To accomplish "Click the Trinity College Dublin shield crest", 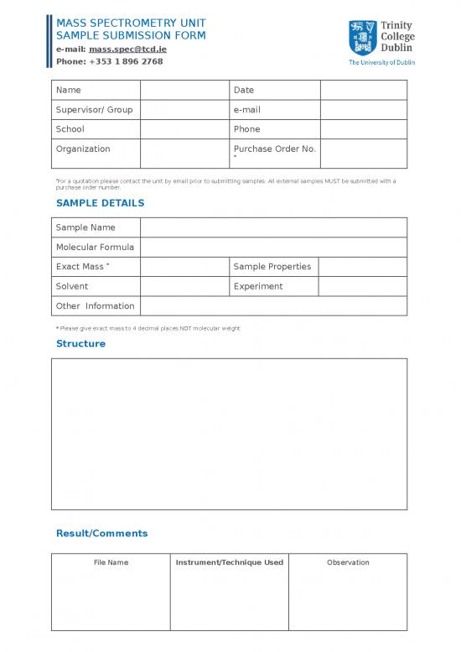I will (x=361, y=38).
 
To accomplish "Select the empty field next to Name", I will (x=184, y=90).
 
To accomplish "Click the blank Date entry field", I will (x=363, y=90).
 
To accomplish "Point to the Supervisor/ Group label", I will (x=94, y=110).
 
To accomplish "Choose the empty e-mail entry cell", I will (x=363, y=110).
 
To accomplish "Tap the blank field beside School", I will (x=184, y=129).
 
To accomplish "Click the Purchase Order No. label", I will (x=274, y=149).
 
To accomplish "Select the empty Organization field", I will (x=184, y=154).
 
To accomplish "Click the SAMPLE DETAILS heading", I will (x=100, y=203).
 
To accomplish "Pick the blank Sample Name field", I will (x=273, y=227).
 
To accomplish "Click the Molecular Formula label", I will (x=95, y=248).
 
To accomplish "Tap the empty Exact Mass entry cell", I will (x=184, y=267).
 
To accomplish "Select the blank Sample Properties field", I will (x=363, y=267).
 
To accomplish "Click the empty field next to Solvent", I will (x=184, y=286).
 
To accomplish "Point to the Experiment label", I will (x=258, y=286).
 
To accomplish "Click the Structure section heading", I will (x=80, y=344).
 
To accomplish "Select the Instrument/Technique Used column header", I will (x=229, y=562).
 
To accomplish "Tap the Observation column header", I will (x=348, y=562).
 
